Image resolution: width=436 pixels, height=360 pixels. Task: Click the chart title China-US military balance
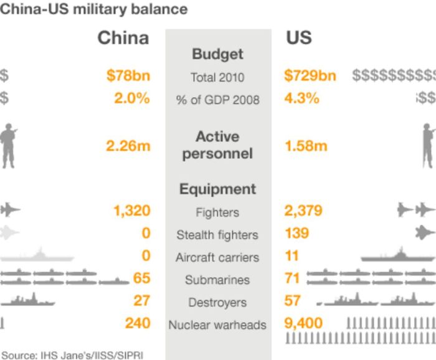click(93, 9)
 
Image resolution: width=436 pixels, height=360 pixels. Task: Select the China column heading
click(123, 38)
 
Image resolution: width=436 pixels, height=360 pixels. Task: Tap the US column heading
click(298, 38)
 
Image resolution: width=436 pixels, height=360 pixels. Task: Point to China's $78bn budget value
click(128, 77)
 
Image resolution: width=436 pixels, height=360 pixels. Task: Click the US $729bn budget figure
click(310, 77)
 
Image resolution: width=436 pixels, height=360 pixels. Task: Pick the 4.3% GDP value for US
click(301, 98)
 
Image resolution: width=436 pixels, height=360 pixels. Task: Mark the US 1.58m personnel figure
click(306, 146)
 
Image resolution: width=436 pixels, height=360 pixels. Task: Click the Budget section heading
click(217, 54)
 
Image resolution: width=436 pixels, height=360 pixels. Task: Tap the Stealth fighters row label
click(217, 235)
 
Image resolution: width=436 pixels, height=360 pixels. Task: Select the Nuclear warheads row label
click(217, 324)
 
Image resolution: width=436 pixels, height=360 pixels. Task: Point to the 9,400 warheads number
click(303, 323)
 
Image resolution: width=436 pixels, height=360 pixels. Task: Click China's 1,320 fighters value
click(131, 211)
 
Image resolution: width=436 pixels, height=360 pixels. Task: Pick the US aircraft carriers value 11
click(291, 256)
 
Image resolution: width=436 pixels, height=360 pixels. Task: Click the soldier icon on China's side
click(8, 144)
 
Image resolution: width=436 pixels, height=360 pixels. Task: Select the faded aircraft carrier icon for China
click(37, 255)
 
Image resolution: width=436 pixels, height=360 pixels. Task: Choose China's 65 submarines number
click(141, 278)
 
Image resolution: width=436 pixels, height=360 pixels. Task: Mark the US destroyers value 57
click(293, 301)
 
